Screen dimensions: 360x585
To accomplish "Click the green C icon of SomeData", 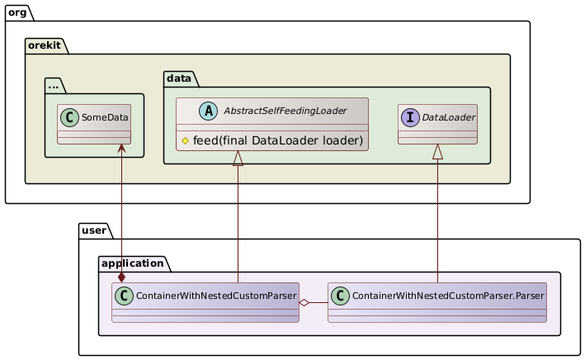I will (x=71, y=117).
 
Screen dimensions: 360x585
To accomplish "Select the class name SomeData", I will (x=105, y=117).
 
